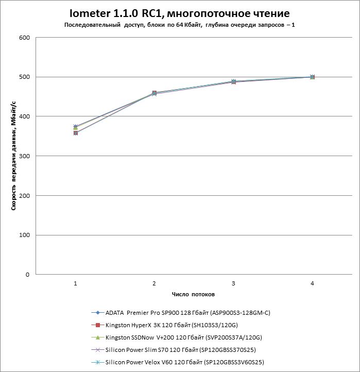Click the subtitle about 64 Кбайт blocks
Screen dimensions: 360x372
[x=180, y=25]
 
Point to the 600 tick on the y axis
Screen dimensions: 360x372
[x=24, y=38]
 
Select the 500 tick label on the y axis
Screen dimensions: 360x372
[x=24, y=77]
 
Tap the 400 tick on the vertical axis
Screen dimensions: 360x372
[x=24, y=116]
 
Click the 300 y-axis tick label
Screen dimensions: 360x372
[x=24, y=156]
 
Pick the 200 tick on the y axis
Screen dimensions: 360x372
[x=24, y=196]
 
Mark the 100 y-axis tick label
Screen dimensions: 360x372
[x=24, y=235]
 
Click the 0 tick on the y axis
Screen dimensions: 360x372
[x=27, y=275]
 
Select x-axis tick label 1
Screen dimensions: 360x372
[x=75, y=283]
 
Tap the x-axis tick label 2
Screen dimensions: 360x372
[x=155, y=283]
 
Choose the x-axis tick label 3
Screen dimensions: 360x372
[x=233, y=283]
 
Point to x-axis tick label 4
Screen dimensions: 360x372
[x=312, y=283]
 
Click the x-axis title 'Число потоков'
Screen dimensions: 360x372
[x=193, y=294]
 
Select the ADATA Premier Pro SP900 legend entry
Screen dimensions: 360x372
[x=181, y=313]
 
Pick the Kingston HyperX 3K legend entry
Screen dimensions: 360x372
[x=165, y=325]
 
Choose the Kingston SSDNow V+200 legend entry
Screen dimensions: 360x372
[x=177, y=337]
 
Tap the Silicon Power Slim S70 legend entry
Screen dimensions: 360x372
[x=174, y=350]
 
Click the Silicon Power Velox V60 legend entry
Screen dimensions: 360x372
[x=178, y=362]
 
